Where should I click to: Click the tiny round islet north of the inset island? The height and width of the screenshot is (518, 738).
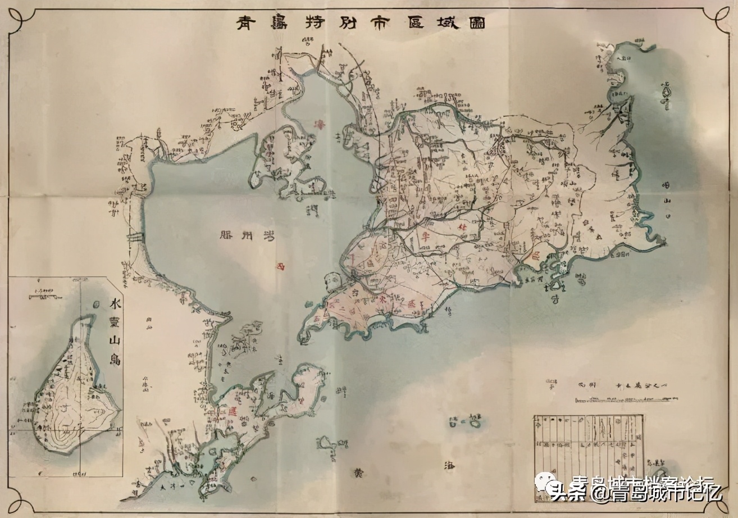(95, 305)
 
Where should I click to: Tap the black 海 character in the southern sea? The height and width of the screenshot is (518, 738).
(449, 466)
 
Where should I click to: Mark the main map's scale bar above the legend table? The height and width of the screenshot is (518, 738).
(622, 399)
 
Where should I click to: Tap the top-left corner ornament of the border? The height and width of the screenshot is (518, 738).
(17, 17)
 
